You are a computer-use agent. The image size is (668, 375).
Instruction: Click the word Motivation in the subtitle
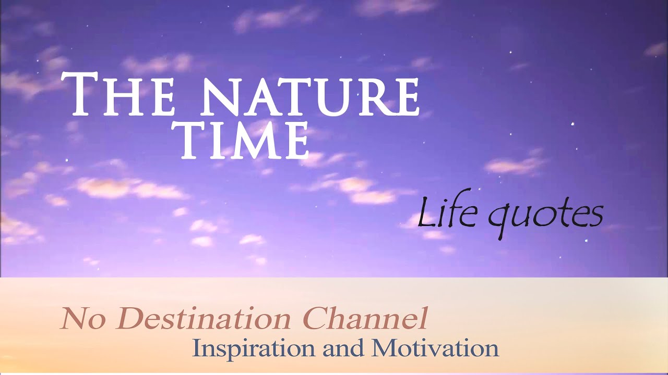[435, 348]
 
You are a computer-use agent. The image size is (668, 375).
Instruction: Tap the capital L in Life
[426, 214]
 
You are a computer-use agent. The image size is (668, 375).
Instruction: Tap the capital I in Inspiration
[197, 347]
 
